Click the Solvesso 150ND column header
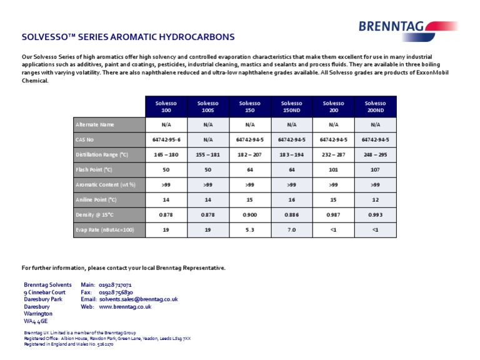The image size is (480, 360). coord(291,106)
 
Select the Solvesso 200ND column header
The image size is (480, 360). coord(375,106)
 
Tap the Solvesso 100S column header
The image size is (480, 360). coord(207,106)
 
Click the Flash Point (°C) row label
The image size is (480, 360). coord(94,169)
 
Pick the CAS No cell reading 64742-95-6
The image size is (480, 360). coord(166,139)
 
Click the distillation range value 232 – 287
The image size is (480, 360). coord(333,154)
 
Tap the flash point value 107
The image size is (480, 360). coord(375,169)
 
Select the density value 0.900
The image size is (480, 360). coord(249,215)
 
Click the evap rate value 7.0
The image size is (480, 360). coord(291,230)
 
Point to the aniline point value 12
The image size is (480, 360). coord(375,199)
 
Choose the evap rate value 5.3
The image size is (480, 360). coord(249,230)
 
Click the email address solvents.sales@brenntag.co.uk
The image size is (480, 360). coord(138,299)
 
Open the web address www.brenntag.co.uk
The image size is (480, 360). coord(125,307)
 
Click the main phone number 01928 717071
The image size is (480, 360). coord(115,285)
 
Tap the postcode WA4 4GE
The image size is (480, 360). coord(36,321)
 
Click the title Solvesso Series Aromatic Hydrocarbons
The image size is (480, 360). coord(128,37)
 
